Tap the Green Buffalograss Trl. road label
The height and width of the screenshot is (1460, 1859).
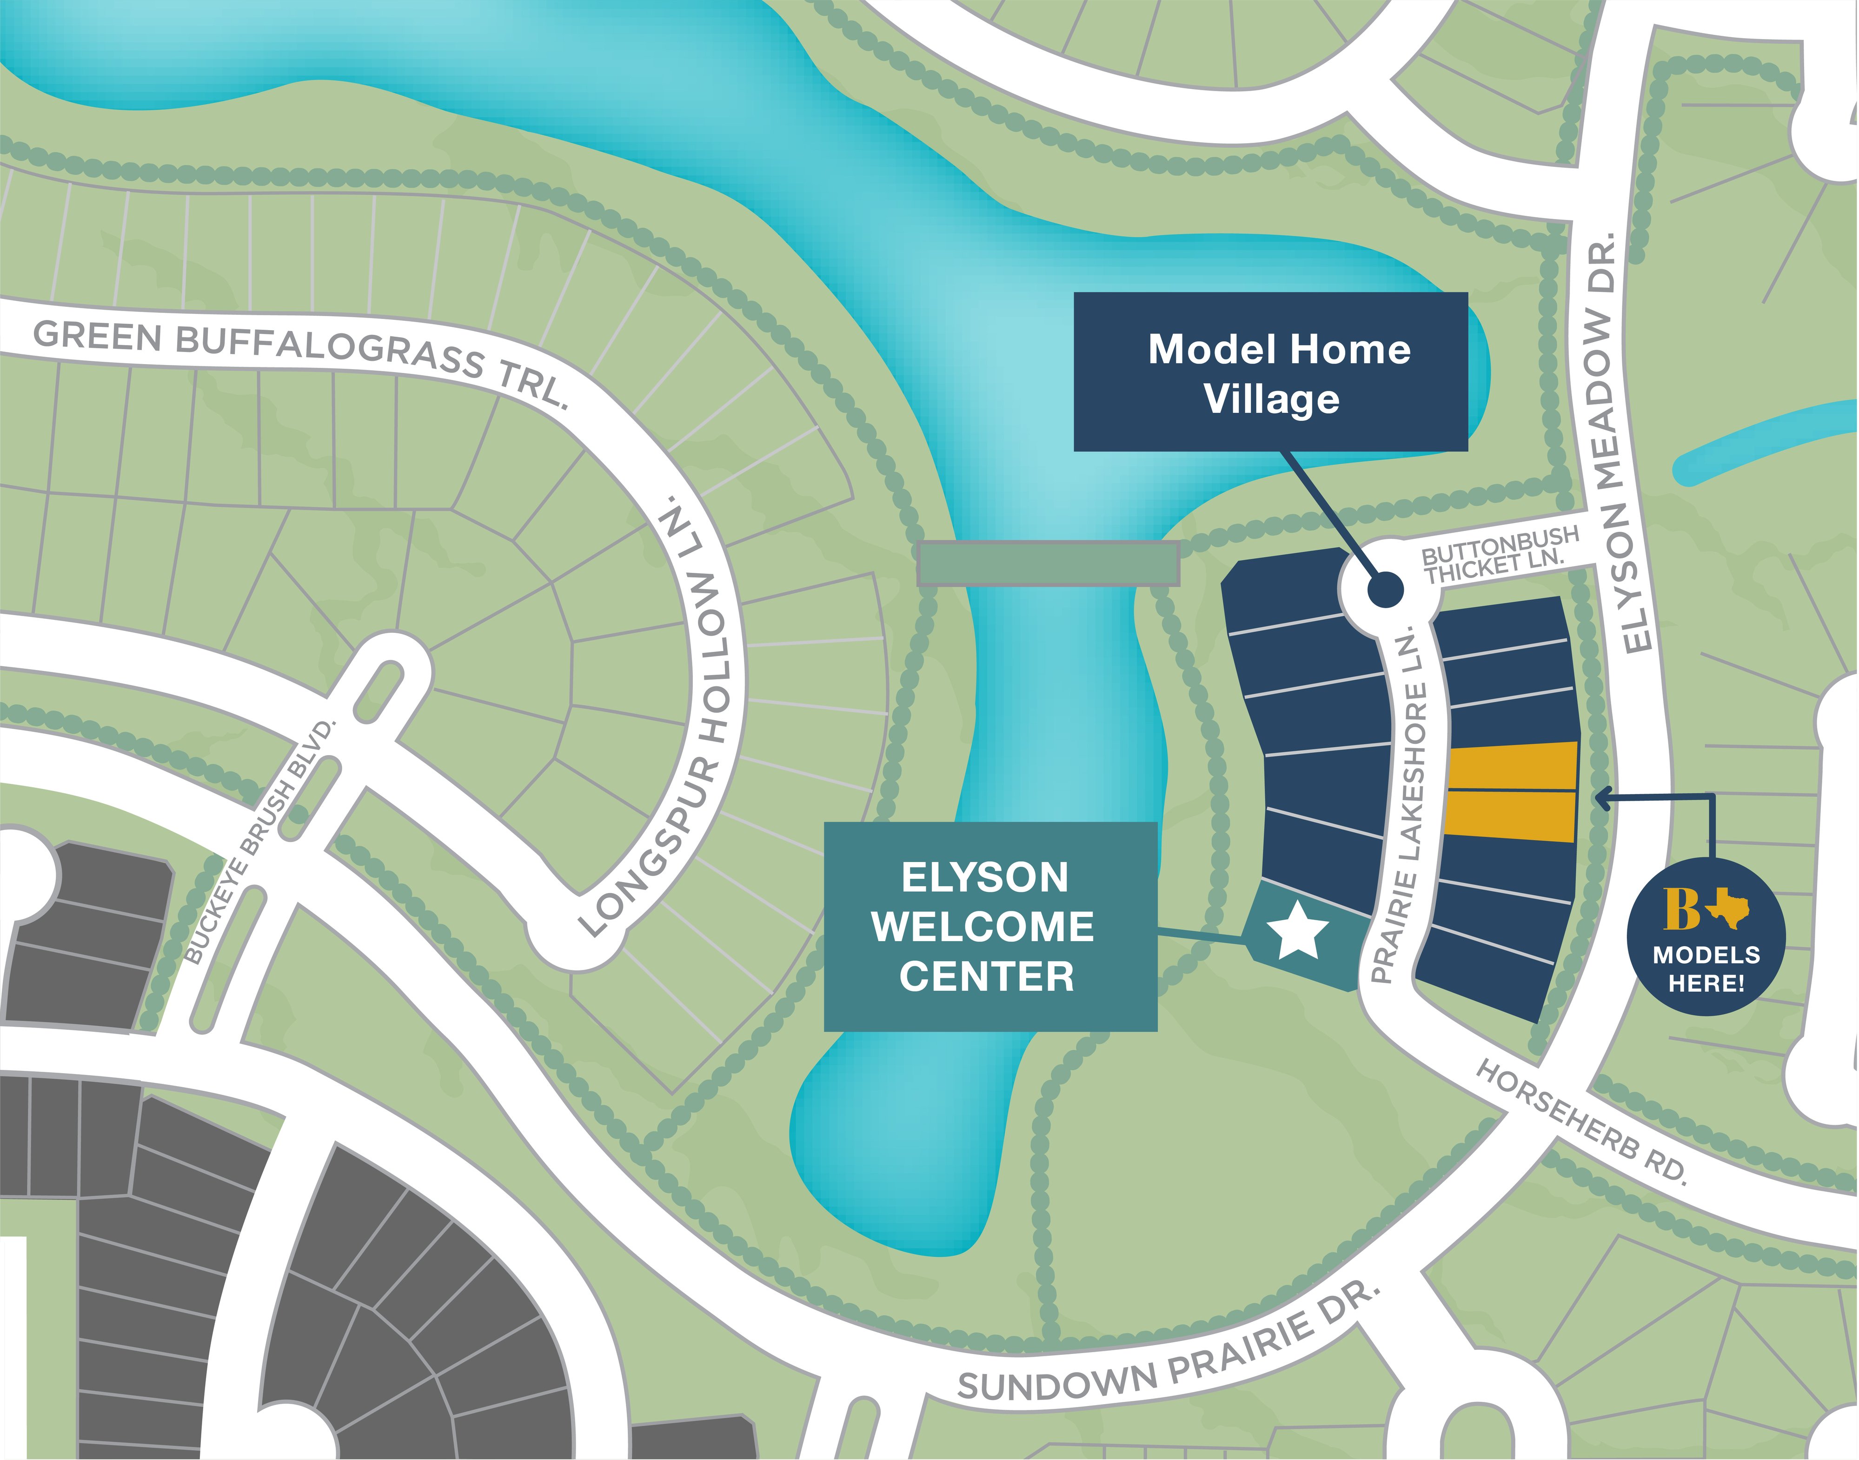(299, 359)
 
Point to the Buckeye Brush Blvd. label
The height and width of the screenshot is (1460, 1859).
(261, 842)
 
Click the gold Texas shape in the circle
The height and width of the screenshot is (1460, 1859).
(1728, 908)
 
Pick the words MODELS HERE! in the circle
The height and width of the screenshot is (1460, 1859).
(1706, 969)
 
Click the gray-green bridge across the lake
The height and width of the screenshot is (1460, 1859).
(1048, 564)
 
